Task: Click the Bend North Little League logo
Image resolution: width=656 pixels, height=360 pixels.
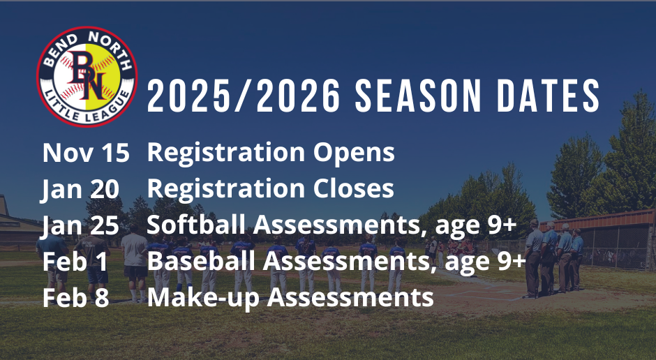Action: [x=87, y=77]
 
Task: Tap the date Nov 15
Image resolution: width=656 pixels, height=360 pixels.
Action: [x=86, y=153]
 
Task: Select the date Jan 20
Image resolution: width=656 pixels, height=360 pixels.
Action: [x=80, y=189]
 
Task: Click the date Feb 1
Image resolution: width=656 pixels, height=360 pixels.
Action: [x=75, y=262]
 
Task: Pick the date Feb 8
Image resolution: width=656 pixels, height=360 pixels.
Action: [x=76, y=298]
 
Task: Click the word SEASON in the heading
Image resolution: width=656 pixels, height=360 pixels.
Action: [x=418, y=96]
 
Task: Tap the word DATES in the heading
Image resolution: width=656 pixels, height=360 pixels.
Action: [x=549, y=96]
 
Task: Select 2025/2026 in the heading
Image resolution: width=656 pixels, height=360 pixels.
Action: [x=244, y=96]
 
